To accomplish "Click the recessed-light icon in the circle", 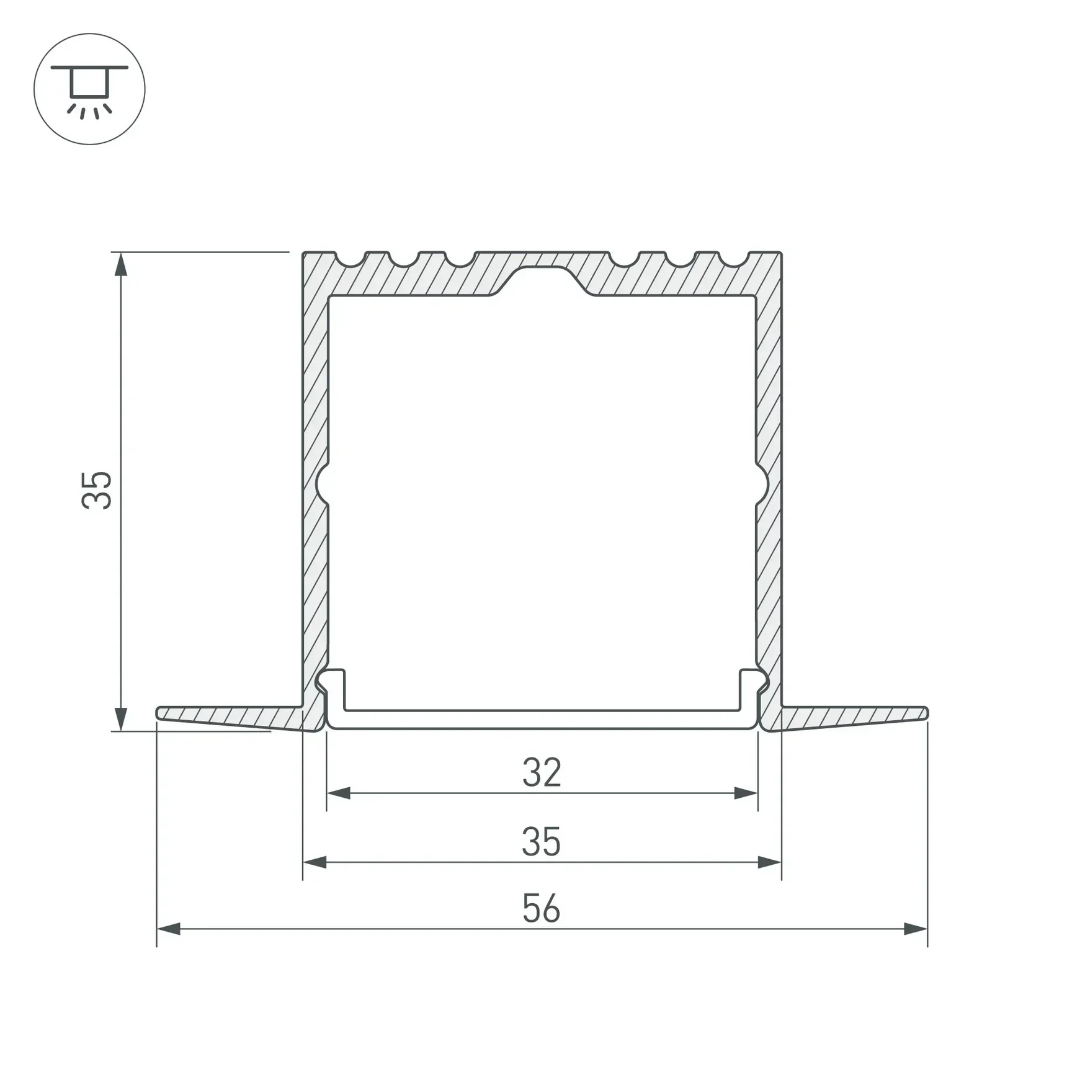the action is [89, 89].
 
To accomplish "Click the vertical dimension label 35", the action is [97, 491].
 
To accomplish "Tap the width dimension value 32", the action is [542, 772].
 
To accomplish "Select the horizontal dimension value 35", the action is [542, 842].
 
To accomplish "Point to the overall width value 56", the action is [542, 909].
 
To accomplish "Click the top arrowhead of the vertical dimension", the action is [121, 264].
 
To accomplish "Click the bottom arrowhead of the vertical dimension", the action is [121, 719].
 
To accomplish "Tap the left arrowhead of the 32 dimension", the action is [339, 793].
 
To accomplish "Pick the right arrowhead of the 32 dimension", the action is [746, 793].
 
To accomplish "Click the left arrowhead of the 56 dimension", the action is [169, 929].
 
